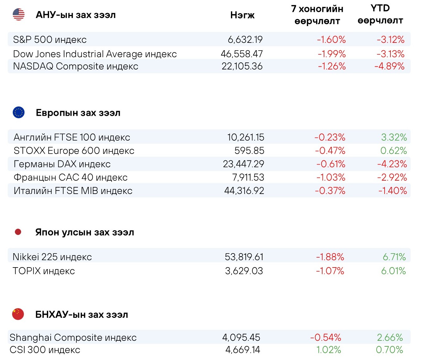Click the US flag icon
(x=19, y=15)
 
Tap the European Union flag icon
(x=19, y=112)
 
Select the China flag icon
(x=18, y=314)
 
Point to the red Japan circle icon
(x=18, y=232)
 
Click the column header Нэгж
(x=242, y=15)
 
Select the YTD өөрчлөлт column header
(x=380, y=15)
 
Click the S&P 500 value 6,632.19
(x=245, y=39)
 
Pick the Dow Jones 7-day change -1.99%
(x=332, y=54)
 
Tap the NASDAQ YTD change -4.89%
(x=390, y=66)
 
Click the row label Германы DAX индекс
(x=62, y=164)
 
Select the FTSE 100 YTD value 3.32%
(x=394, y=137)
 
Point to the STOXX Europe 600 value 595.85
(x=249, y=151)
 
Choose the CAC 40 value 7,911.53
(x=248, y=177)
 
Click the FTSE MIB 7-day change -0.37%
(x=330, y=191)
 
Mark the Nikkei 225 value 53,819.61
(x=244, y=257)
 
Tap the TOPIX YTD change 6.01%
(x=393, y=271)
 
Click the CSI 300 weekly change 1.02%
(x=329, y=350)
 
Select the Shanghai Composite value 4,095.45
(x=241, y=337)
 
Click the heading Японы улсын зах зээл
(x=85, y=232)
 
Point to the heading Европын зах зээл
(x=78, y=113)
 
